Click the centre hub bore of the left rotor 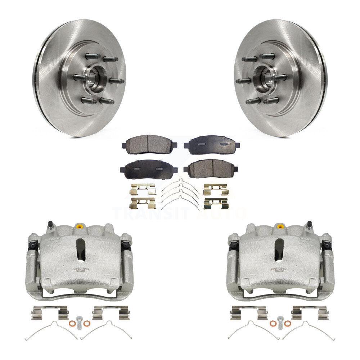[x=93, y=78]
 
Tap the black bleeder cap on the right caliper [x=309, y=224]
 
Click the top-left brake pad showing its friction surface [x=149, y=144]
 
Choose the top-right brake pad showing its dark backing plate [x=212, y=145]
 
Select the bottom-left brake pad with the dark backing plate [x=148, y=169]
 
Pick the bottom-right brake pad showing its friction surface [x=211, y=168]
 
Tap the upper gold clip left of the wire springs [x=143, y=189]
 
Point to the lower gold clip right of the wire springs [x=216, y=203]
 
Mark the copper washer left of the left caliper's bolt [x=72, y=324]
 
